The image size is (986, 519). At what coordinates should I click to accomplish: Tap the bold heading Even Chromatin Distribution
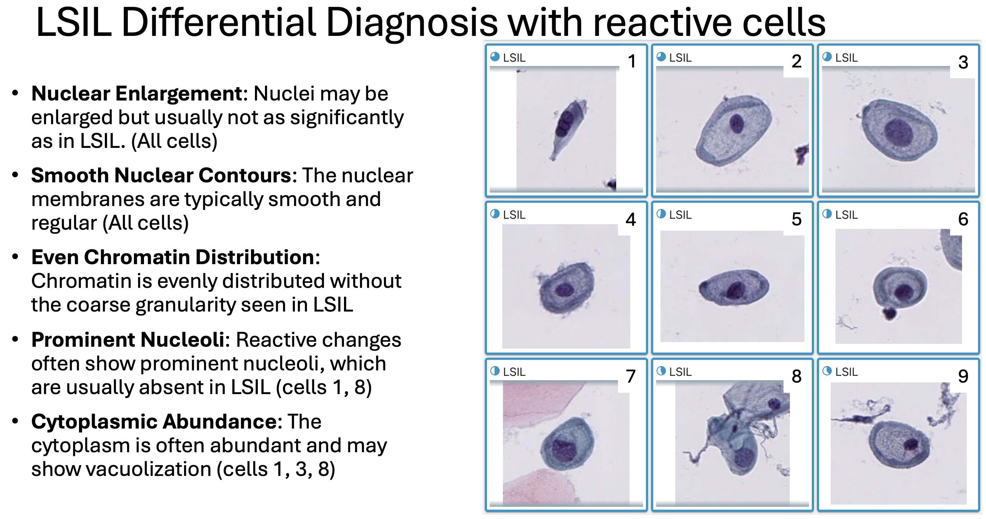(x=173, y=257)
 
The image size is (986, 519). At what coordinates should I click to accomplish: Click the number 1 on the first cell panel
(x=632, y=61)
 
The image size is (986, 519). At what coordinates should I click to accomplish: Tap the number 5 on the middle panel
(x=796, y=219)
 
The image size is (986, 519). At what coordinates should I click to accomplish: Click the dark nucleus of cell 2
(x=736, y=123)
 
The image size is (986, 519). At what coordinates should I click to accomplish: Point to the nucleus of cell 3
(x=898, y=133)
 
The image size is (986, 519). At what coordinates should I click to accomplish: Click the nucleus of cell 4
(x=564, y=290)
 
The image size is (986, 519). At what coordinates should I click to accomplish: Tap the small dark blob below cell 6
(x=889, y=313)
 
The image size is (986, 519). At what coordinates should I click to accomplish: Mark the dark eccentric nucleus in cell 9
(x=911, y=444)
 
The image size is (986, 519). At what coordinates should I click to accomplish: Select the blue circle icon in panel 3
(x=827, y=57)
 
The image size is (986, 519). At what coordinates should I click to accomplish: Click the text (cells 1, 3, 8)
(x=276, y=469)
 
